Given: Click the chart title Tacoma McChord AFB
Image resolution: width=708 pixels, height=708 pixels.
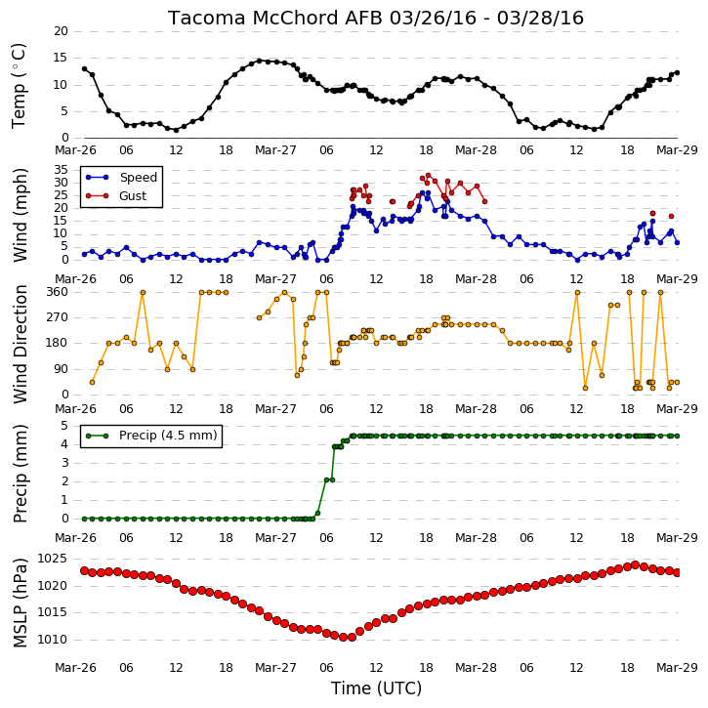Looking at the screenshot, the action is click(275, 18).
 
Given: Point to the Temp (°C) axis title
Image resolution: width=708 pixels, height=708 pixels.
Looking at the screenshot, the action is click(19, 86).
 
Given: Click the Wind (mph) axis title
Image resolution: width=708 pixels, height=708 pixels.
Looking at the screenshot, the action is click(20, 215).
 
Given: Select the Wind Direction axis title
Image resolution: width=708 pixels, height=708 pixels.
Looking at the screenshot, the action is click(20, 344).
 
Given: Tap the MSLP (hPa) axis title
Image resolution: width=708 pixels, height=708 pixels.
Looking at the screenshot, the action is click(20, 603).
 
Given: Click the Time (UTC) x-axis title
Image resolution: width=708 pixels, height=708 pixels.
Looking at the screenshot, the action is click(376, 688).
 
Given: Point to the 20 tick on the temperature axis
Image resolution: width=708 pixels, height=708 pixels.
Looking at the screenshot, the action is click(61, 31).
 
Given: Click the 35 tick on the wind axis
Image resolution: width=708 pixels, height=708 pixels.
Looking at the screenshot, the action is click(61, 170).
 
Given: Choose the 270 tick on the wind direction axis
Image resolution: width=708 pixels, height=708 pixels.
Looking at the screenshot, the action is click(58, 317).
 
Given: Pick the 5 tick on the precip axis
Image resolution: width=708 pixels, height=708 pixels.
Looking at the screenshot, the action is click(64, 426).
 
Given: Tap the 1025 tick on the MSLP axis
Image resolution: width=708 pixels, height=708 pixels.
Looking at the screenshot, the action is click(52, 559).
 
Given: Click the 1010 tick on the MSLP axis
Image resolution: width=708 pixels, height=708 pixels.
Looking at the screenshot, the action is click(52, 640).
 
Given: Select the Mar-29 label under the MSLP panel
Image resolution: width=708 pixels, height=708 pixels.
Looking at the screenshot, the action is click(677, 667).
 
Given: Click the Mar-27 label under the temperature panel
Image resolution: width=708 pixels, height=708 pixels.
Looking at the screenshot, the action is click(275, 150).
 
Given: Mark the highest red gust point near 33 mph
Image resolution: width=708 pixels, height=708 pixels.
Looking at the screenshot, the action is click(428, 175).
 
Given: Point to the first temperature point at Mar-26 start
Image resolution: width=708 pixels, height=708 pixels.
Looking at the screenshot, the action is click(84, 68).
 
